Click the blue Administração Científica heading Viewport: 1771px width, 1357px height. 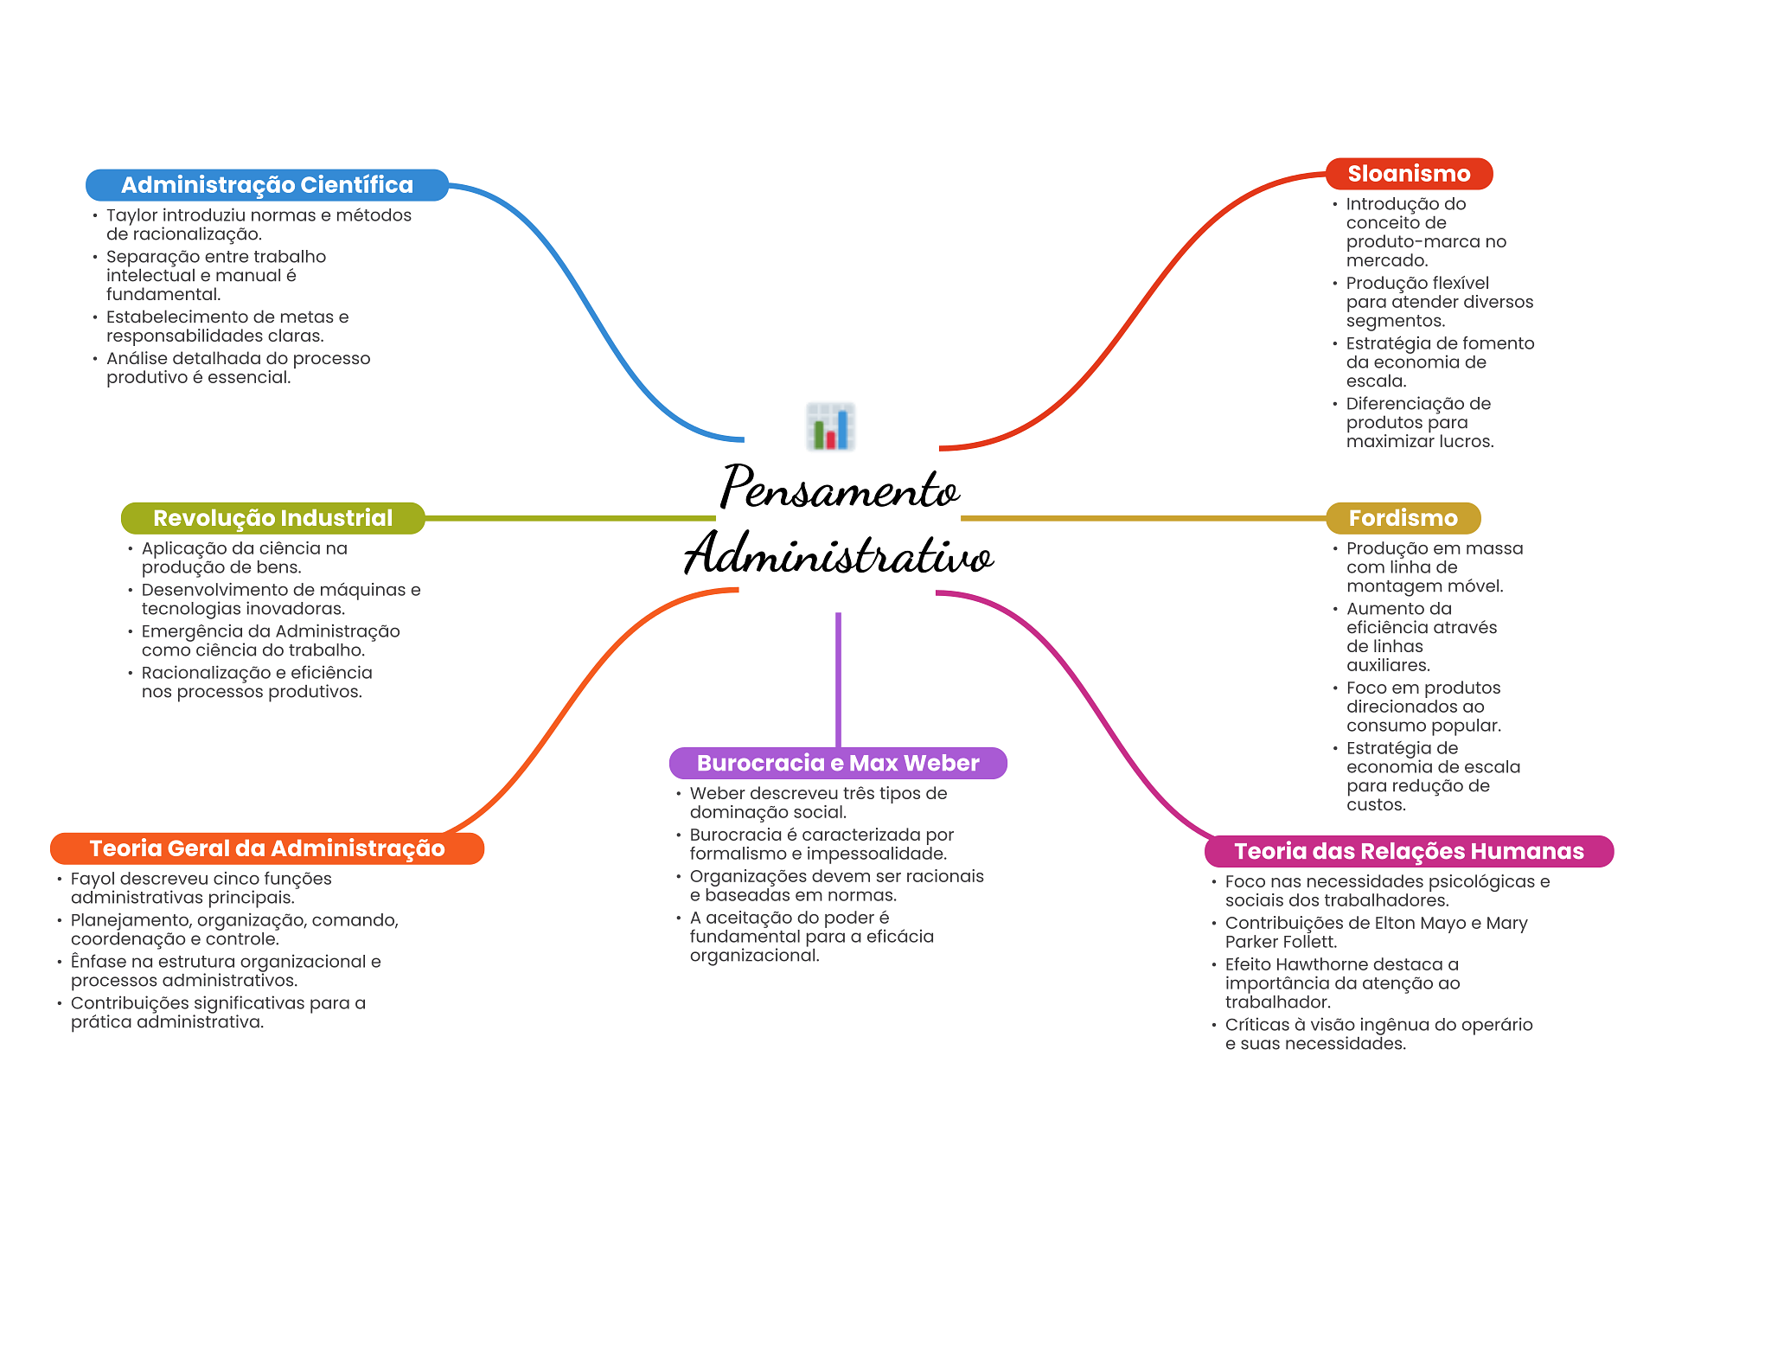tap(266, 185)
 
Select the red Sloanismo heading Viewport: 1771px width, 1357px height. tap(1408, 174)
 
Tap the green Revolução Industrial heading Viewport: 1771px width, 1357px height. tap(272, 518)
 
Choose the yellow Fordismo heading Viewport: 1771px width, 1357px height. tap(1403, 518)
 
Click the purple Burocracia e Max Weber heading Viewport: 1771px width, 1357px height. tap(837, 763)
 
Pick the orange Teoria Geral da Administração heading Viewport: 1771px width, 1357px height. tap(266, 848)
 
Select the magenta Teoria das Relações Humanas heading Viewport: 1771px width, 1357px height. tap(1408, 851)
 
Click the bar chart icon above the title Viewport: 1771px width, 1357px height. tap(830, 426)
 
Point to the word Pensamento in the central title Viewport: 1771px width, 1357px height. tap(839, 489)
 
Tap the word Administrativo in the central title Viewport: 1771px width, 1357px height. tap(839, 554)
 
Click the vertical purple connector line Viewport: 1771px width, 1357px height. tap(838, 679)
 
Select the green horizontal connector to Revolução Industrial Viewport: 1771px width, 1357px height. tap(571, 518)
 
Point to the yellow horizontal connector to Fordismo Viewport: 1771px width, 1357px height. tap(1141, 518)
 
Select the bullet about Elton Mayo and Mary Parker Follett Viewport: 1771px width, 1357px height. tap(1375, 932)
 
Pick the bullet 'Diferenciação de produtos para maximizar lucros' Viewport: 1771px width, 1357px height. tap(1418, 422)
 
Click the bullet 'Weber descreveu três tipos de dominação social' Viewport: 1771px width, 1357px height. tap(817, 803)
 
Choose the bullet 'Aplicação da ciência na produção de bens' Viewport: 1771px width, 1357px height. tap(244, 558)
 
